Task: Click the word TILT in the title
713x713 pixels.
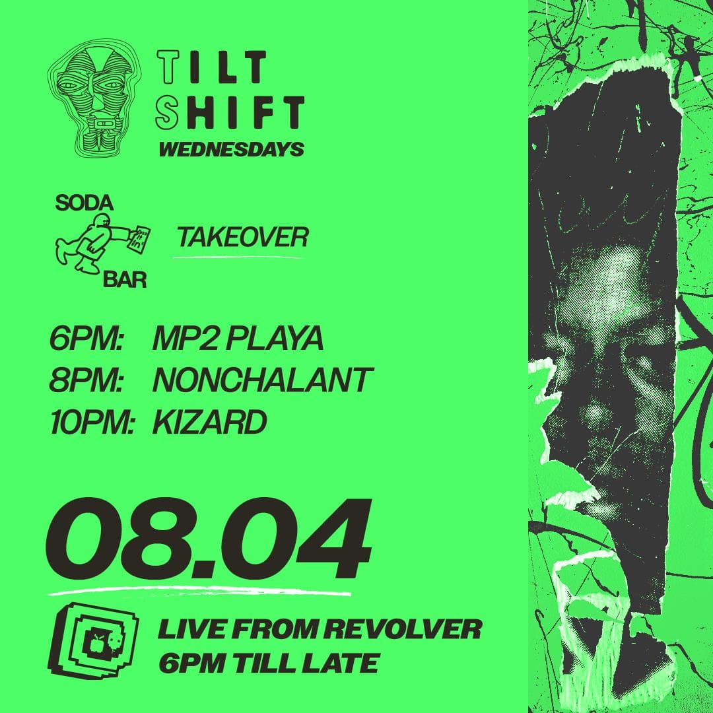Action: click(211, 67)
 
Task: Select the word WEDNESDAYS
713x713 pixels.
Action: click(232, 149)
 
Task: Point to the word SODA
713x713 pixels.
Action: click(84, 204)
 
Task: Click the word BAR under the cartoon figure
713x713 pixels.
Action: click(125, 280)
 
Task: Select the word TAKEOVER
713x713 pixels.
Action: click(243, 237)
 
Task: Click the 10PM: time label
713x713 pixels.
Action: click(91, 421)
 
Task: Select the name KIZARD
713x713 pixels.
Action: click(210, 421)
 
